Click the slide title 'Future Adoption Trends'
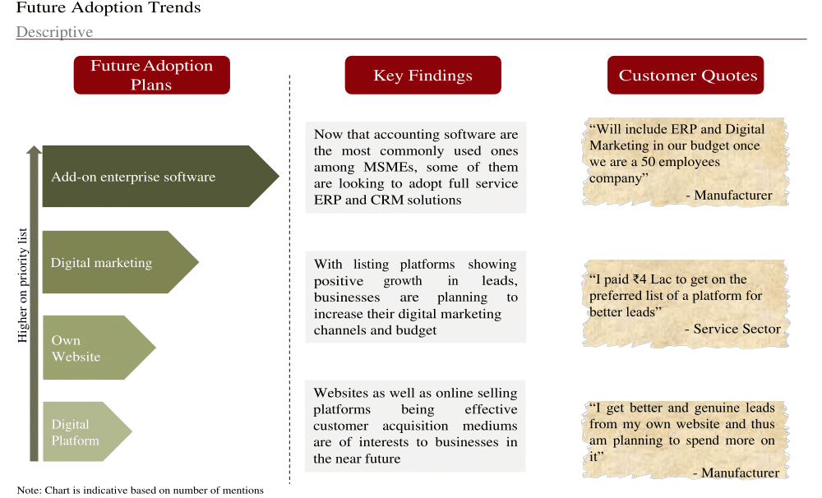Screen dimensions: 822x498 [x=109, y=8]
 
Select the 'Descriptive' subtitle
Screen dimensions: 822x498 [x=54, y=32]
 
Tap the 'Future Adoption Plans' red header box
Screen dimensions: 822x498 [x=151, y=75]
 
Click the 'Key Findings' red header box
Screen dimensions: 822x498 [x=423, y=75]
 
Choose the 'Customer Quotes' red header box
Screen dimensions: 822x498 [x=686, y=75]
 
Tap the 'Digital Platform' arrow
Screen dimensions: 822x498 [x=87, y=431]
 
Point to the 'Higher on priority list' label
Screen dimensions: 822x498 [x=22, y=285]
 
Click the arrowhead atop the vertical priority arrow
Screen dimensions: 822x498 [x=34, y=150]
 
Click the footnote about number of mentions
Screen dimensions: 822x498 [x=140, y=490]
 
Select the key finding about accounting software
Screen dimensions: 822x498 [x=416, y=167]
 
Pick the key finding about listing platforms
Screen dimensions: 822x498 [x=416, y=297]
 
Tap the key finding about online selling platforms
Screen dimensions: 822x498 [x=415, y=426]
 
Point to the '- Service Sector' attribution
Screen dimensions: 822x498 [x=732, y=329]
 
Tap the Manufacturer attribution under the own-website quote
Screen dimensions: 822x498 [x=736, y=473]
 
